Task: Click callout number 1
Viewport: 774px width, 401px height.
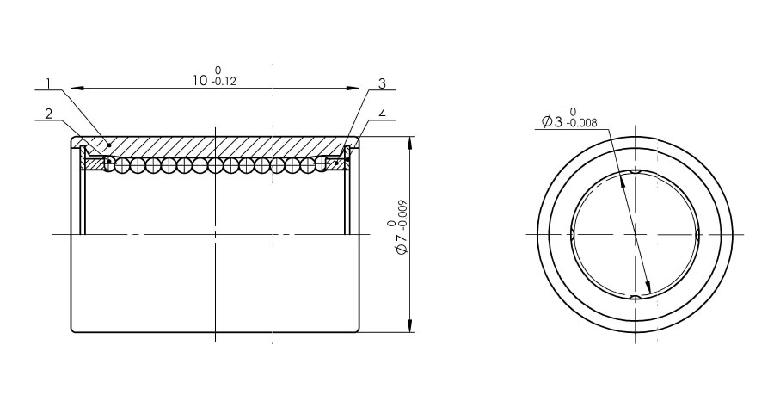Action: coord(48,83)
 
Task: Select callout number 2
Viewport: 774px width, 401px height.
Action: coord(48,114)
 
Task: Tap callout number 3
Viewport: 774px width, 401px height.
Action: coord(382,83)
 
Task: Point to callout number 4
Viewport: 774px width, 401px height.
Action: coord(382,114)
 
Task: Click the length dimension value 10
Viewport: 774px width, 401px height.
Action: coord(200,81)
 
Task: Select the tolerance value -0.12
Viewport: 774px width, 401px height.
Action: coord(224,82)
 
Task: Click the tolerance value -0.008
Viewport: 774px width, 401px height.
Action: coord(583,122)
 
